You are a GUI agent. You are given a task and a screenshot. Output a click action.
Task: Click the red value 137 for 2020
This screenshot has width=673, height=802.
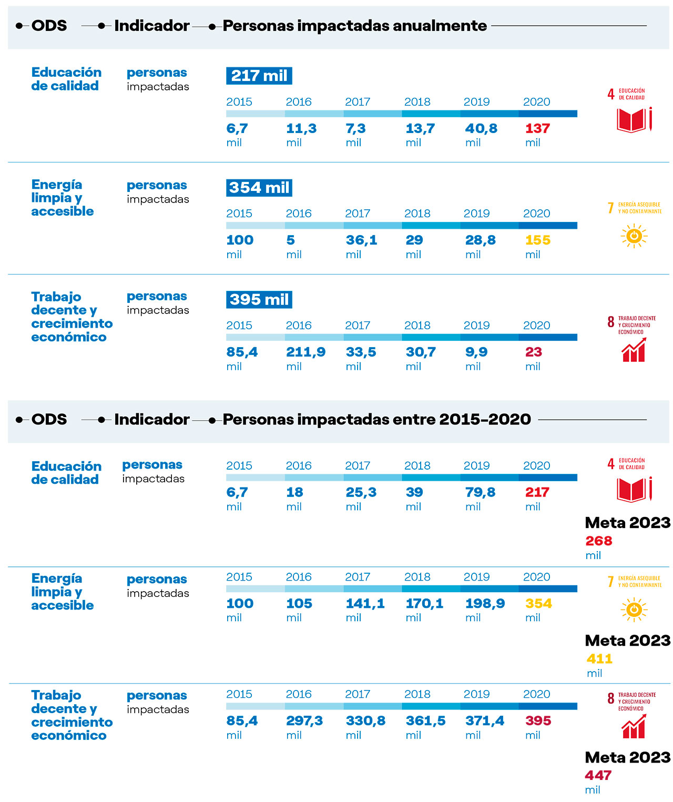[x=537, y=128]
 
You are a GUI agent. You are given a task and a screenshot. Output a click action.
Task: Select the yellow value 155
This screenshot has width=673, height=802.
[x=537, y=240]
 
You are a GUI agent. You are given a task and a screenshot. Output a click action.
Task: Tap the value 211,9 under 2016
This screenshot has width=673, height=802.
[x=305, y=352]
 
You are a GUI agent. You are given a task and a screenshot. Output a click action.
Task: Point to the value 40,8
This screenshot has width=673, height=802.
[x=481, y=128]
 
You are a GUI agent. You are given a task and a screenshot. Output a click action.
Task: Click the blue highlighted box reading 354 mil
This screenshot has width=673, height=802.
[x=259, y=188]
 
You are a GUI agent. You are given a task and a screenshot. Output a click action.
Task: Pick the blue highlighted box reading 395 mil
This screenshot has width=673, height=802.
[x=259, y=300]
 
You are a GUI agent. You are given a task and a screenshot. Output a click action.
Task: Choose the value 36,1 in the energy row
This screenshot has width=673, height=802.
[x=361, y=240]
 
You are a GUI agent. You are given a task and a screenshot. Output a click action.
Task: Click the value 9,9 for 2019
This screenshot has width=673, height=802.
[x=476, y=352]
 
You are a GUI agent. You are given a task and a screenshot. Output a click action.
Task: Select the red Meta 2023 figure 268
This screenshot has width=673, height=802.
[x=599, y=541]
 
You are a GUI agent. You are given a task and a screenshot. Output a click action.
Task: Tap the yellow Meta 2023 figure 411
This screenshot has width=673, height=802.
[x=599, y=659]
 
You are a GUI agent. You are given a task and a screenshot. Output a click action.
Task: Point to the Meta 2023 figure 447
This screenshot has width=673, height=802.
[x=598, y=776]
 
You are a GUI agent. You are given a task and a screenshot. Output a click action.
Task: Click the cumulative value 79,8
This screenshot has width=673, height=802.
[x=480, y=493]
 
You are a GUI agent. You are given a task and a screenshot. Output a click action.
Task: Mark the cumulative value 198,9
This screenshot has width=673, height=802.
[x=485, y=604]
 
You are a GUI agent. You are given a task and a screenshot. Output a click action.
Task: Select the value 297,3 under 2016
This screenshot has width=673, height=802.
[x=304, y=721]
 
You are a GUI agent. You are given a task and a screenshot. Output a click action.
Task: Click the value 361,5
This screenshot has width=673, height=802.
[x=425, y=721]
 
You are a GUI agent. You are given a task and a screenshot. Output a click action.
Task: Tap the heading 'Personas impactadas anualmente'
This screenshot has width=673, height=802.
[x=355, y=26]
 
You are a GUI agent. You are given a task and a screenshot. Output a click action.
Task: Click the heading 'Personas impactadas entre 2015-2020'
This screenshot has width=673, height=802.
[x=376, y=420]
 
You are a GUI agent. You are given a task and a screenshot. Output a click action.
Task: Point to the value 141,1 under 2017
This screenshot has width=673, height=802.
[x=365, y=604]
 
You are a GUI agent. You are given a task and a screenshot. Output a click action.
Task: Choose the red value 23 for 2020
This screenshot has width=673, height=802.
[x=533, y=352]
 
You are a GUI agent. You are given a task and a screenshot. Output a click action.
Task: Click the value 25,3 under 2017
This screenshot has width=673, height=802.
[x=361, y=493]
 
